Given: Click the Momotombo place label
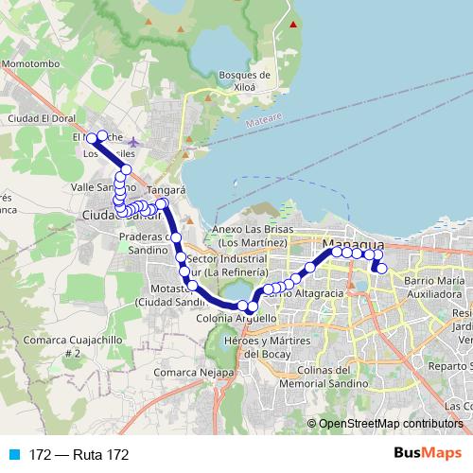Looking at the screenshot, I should [x=31, y=64].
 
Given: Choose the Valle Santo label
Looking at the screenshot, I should [x=95, y=188].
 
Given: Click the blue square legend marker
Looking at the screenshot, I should [x=14, y=455].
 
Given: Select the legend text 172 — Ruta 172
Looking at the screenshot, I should [x=79, y=455].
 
